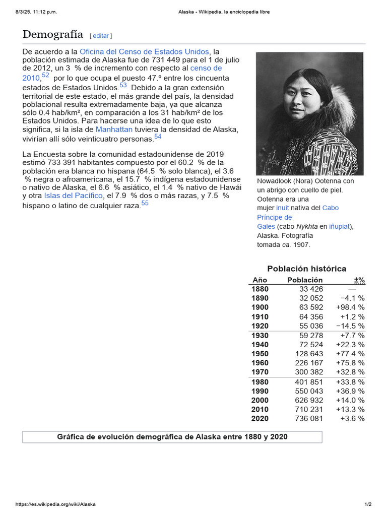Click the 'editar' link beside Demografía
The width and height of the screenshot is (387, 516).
point(101,36)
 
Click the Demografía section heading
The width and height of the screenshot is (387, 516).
point(52,34)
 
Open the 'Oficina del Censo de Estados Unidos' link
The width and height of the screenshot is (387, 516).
point(144,51)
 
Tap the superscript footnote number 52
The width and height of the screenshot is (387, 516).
point(45,76)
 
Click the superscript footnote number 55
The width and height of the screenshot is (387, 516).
point(145,203)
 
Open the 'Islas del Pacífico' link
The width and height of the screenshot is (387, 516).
point(73,196)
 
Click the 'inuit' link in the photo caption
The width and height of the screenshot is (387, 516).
point(282,208)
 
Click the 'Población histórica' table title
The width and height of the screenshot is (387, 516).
point(307,269)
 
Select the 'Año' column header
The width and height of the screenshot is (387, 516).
point(260,280)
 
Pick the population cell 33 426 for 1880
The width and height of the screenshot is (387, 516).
point(311,289)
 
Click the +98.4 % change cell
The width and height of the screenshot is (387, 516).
point(350,307)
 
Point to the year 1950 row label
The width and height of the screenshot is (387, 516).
point(260,354)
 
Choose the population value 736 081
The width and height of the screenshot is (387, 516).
point(309,418)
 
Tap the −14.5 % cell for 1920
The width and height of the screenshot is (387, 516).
point(350,326)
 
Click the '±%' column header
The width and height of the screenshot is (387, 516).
point(359,280)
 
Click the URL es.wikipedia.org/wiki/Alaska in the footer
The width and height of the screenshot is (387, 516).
point(55,504)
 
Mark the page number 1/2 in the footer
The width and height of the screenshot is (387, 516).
point(368,504)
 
